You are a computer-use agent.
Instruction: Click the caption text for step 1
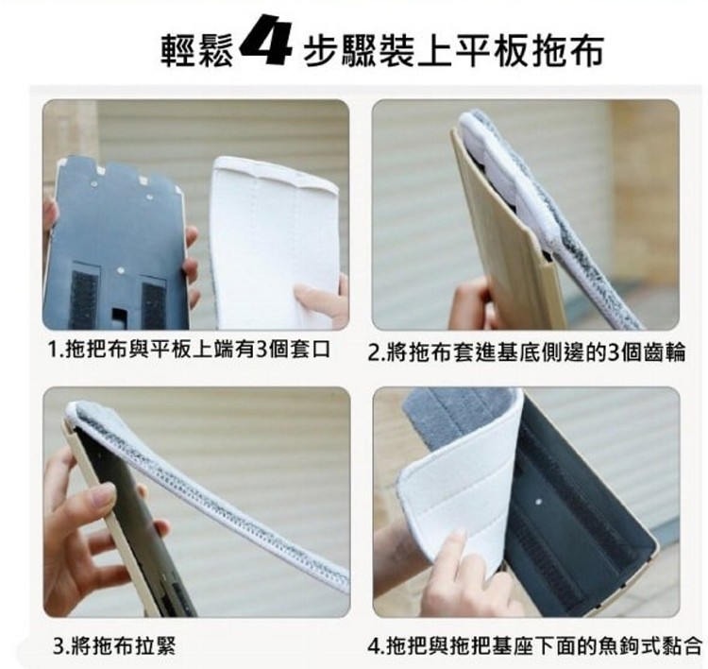[189, 350]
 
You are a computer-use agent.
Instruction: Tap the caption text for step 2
[527, 352]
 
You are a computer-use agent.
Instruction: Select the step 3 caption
[114, 645]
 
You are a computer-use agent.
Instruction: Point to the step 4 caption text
[535, 645]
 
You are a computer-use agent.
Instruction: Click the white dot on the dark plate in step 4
[538, 502]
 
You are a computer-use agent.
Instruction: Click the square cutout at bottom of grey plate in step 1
[120, 317]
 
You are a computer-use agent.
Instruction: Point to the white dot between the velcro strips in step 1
[120, 270]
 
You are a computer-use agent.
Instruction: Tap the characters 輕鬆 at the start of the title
[198, 50]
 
